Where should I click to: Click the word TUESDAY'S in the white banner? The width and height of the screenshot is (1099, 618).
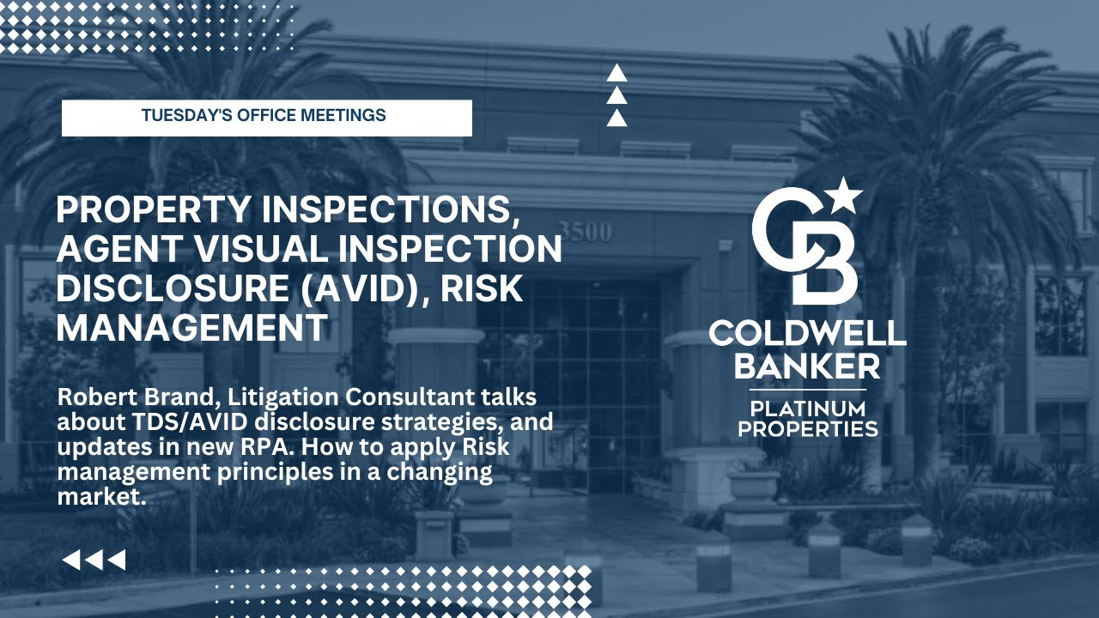pos(181,115)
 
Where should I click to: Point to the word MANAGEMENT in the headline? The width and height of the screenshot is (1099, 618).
pos(192,328)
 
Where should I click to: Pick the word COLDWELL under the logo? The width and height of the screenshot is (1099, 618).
pos(807,334)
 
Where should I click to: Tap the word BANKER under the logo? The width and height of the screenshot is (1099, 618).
pos(807,367)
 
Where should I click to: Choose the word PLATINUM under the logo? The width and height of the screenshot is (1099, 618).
pos(807,407)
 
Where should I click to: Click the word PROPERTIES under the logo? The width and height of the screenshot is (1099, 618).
pos(807,428)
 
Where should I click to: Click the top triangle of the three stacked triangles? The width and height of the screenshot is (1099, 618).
pos(616,74)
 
